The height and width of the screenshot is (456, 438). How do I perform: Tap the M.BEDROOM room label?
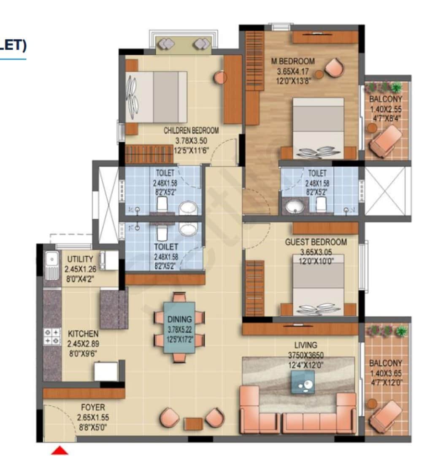[293, 62]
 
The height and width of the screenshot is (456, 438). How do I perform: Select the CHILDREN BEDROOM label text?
[191, 130]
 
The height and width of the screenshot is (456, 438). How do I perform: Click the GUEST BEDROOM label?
[316, 242]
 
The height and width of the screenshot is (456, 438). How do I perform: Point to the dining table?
[179, 327]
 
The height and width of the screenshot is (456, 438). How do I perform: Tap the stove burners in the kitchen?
[53, 337]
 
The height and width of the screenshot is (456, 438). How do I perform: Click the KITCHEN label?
[82, 334]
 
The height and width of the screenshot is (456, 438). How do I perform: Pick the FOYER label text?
[93, 408]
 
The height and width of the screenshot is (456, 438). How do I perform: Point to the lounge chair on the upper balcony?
[385, 140]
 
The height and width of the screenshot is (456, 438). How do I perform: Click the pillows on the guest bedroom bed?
[319, 309]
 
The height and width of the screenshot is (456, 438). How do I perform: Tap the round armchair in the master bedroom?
[335, 67]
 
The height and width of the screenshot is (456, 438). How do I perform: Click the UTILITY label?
[80, 259]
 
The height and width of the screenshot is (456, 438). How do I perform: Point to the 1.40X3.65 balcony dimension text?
[386, 373]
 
